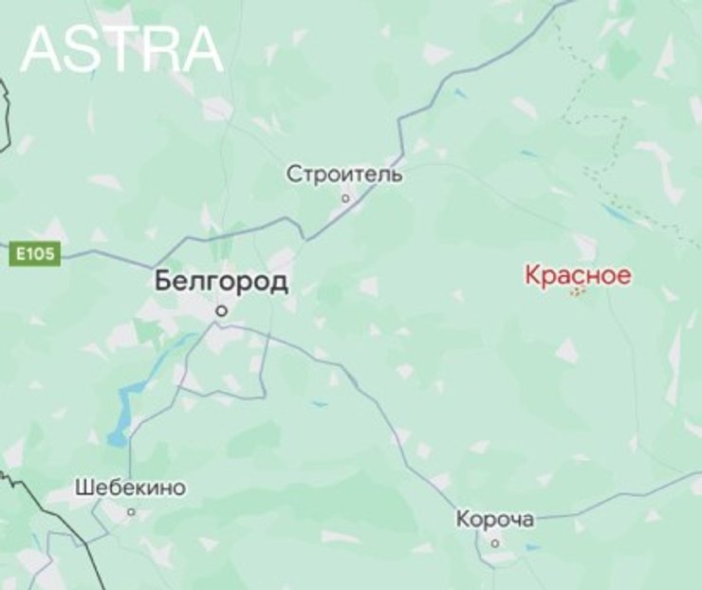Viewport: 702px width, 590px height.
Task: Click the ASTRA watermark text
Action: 121,49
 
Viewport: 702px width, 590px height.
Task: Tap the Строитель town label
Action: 344,175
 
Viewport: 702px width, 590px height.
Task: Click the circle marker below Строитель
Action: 345,198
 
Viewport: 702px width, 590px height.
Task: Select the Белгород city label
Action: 221,282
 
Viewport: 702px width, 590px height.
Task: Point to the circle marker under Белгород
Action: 221,309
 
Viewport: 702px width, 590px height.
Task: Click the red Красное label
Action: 578,276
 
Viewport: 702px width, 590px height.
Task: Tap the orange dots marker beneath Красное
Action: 577,292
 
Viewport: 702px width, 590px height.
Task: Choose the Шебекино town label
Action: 130,489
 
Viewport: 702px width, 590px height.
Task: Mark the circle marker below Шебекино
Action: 131,511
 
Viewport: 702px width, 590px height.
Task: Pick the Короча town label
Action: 494,520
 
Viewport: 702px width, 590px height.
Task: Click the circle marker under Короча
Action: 494,543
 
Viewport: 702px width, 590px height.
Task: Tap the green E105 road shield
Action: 36,254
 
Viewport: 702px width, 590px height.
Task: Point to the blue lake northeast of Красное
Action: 618,214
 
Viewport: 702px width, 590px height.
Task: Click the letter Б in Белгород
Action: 163,282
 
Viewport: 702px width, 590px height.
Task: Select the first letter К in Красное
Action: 532,276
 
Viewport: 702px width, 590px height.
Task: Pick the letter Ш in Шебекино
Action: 82,489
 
